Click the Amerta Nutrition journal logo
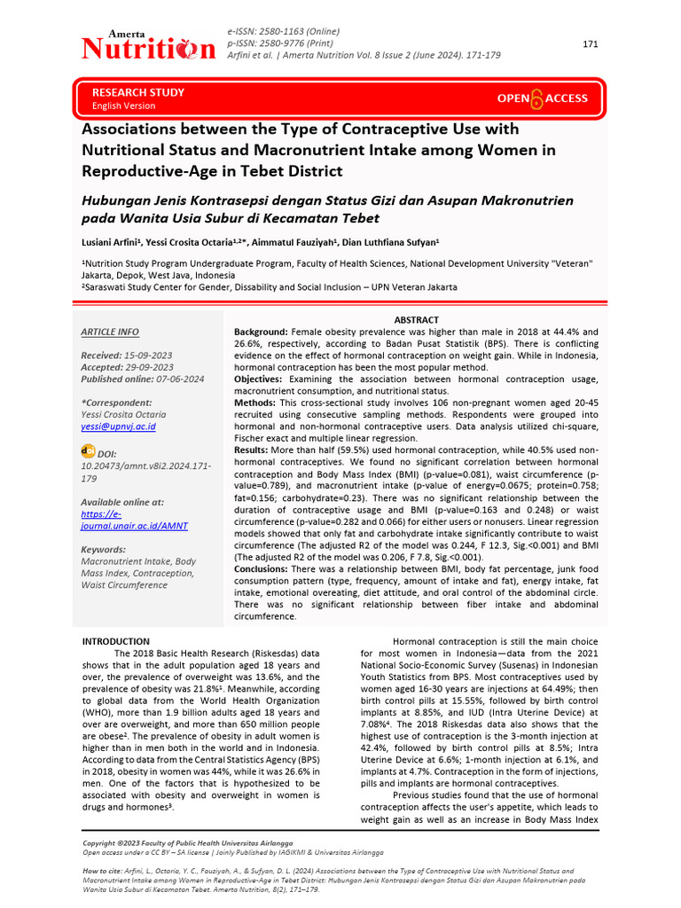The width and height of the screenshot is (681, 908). tap(148, 45)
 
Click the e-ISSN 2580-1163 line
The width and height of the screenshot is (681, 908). tap(284, 30)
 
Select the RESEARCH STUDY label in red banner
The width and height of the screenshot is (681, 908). tap(138, 92)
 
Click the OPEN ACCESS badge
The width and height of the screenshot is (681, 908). tap(542, 98)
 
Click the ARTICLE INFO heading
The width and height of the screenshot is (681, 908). tap(110, 332)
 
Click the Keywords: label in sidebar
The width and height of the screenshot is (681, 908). tap(103, 550)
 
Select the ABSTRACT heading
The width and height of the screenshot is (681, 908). tap(416, 320)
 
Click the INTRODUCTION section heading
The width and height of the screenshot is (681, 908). tap(116, 641)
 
